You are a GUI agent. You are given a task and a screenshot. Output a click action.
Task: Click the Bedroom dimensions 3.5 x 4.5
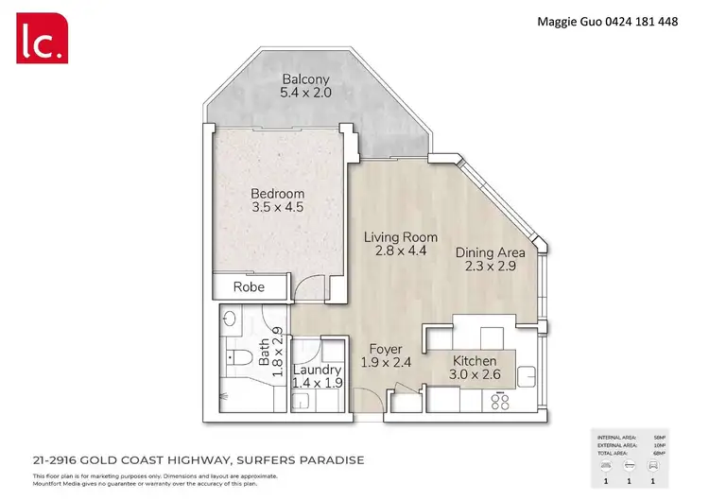tap(277, 207)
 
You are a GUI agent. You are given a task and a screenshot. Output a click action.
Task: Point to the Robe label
tap(249, 286)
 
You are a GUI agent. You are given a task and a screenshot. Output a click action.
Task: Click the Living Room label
tap(401, 237)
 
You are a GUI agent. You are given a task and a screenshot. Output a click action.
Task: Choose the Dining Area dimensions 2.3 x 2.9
tap(490, 267)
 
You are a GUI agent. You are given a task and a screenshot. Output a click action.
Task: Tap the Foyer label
tap(386, 349)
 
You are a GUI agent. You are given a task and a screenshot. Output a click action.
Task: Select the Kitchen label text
tap(475, 361)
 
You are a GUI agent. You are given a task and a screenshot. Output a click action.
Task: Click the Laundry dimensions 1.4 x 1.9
tap(316, 384)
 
